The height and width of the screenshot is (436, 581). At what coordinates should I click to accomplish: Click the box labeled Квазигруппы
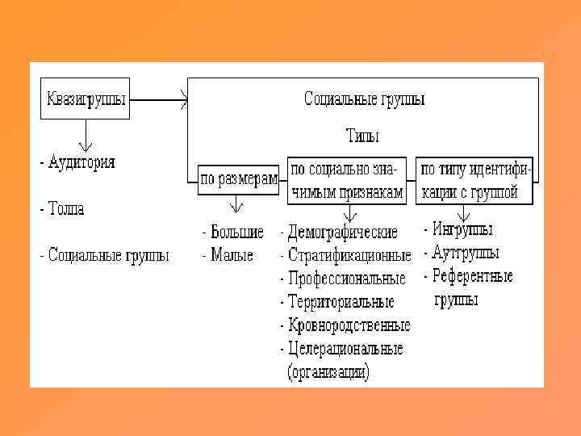tap(85, 100)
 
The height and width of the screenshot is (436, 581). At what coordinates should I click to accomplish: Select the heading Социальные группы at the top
tap(365, 99)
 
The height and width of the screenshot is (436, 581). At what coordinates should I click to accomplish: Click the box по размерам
tap(239, 178)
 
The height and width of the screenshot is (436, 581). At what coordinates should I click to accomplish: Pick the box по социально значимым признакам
tap(348, 179)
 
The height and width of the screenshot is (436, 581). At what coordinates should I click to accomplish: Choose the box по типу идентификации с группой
tap(474, 179)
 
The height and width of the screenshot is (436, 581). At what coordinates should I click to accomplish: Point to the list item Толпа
tap(65, 208)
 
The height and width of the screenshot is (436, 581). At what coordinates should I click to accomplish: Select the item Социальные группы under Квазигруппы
tap(107, 256)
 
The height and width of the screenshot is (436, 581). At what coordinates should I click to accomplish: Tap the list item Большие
tap(235, 233)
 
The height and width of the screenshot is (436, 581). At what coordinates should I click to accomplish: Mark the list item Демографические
tap(341, 233)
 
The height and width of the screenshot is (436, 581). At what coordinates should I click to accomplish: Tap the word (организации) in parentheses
tap(328, 372)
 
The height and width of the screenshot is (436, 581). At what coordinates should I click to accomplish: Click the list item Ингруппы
tap(461, 230)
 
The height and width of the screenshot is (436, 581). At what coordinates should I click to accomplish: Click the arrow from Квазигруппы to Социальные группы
tap(158, 102)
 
